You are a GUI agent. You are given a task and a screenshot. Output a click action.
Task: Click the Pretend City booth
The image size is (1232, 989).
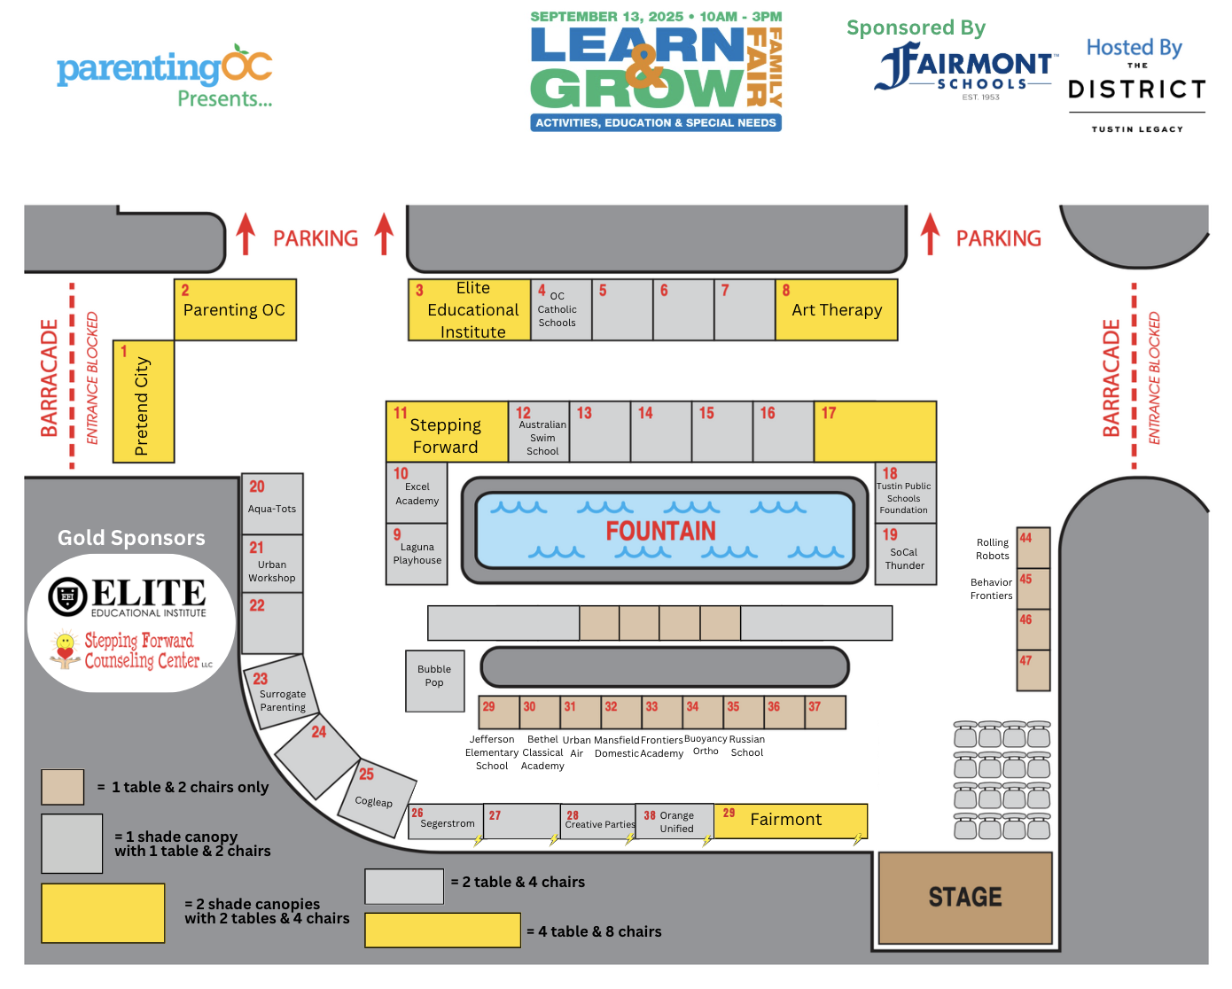144,401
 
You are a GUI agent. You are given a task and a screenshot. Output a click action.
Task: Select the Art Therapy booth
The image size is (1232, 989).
837,310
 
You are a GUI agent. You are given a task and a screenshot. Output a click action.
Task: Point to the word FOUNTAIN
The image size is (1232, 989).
660,531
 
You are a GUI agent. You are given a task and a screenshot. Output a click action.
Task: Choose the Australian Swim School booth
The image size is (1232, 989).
540,432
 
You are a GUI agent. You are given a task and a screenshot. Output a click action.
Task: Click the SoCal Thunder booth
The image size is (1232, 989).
905,554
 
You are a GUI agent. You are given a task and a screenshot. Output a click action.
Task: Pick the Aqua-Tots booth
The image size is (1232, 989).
272,504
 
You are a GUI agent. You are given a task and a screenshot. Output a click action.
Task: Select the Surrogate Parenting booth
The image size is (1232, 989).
281,696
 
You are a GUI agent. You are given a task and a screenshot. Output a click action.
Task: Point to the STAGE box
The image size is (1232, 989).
965,898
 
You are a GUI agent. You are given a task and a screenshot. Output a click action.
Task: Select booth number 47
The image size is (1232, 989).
1033,671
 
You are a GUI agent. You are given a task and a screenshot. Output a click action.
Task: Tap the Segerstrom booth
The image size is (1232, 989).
446,822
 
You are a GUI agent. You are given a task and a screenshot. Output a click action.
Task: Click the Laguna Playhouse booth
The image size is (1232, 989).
417,554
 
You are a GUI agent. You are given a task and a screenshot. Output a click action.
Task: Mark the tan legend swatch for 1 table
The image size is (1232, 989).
63,787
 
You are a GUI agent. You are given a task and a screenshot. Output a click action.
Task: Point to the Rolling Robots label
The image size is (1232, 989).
993,549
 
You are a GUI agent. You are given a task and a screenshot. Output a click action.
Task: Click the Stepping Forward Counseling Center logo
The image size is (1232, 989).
133,651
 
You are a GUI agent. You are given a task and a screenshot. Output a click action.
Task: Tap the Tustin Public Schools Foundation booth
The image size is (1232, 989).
905,493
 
